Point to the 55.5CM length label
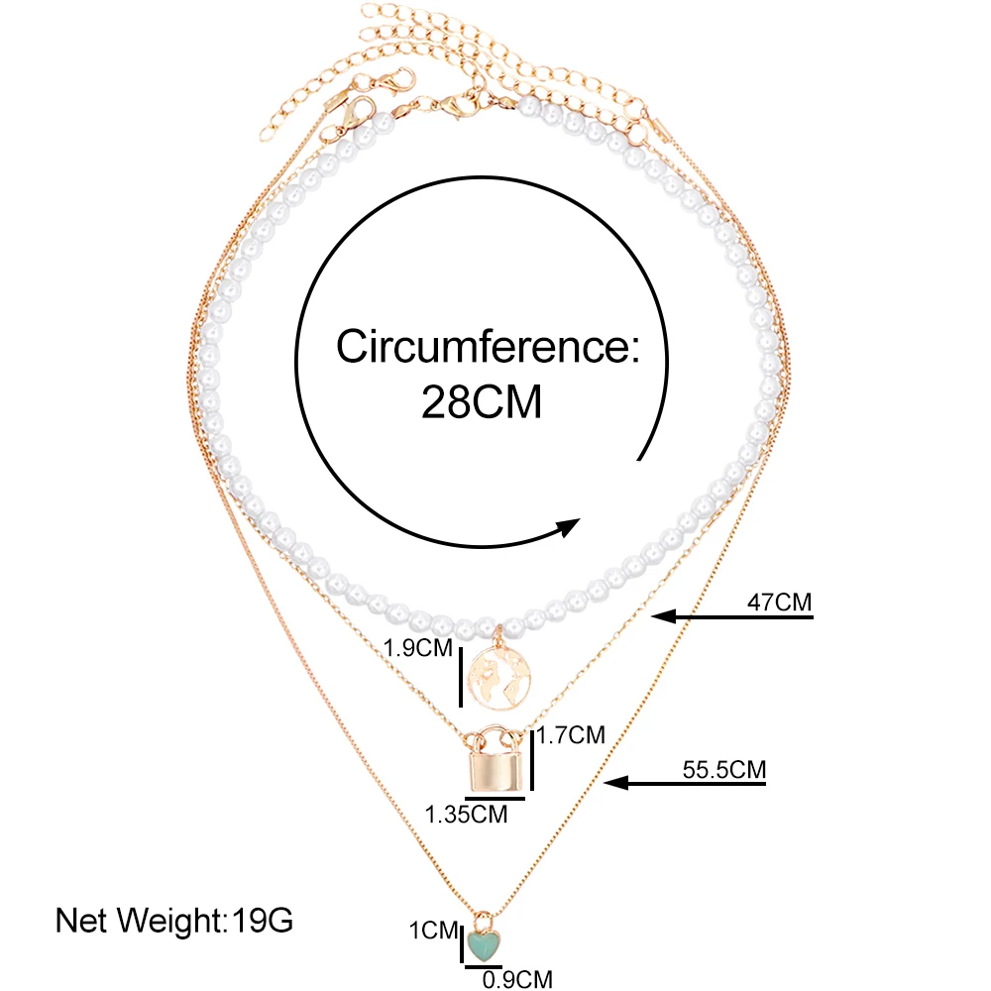click(723, 768)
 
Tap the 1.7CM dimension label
click(571, 735)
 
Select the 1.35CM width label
click(466, 815)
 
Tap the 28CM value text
click(482, 402)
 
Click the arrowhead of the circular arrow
click(569, 526)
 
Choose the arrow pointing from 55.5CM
click(688, 784)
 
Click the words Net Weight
click(140, 921)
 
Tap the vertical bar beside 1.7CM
click(533, 758)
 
